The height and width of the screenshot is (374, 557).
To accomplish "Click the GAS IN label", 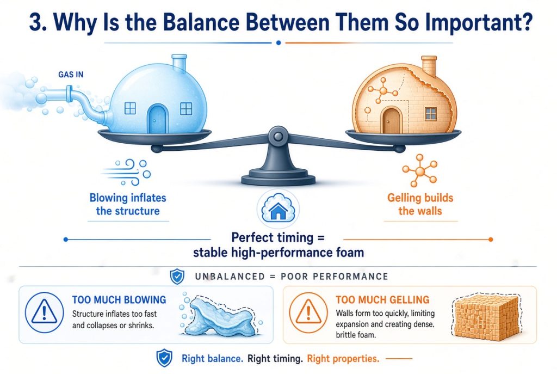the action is (x=71, y=74).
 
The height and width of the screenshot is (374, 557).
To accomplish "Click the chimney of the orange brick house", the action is (x=429, y=66).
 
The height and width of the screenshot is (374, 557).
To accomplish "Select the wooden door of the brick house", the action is (x=391, y=120).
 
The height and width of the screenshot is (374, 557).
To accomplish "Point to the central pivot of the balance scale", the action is (x=278, y=137).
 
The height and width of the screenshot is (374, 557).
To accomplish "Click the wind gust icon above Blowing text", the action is (x=126, y=172).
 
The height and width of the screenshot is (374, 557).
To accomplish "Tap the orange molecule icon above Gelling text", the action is (x=419, y=170).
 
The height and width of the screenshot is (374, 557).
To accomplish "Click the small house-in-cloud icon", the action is (x=278, y=209).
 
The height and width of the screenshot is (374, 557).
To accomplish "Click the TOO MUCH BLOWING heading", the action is (x=119, y=300).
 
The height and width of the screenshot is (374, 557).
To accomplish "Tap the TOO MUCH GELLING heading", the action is (x=382, y=300).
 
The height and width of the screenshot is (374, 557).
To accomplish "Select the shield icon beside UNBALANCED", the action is (x=177, y=276).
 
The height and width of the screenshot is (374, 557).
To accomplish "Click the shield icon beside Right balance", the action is (x=164, y=358).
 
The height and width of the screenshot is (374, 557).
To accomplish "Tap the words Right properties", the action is (x=343, y=359).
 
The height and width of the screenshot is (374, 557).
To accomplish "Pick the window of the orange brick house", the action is (x=431, y=114).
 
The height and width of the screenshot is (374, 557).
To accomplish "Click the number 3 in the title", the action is (x=36, y=22).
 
